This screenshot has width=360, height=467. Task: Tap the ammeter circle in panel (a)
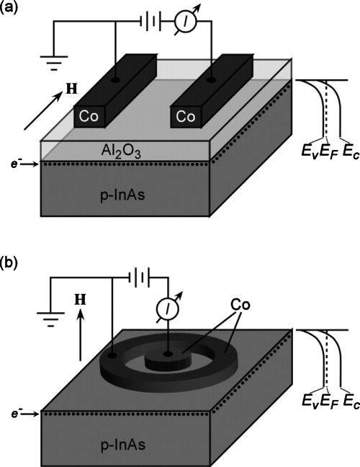(x=185, y=22)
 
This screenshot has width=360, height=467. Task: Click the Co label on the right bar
(x=184, y=116)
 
